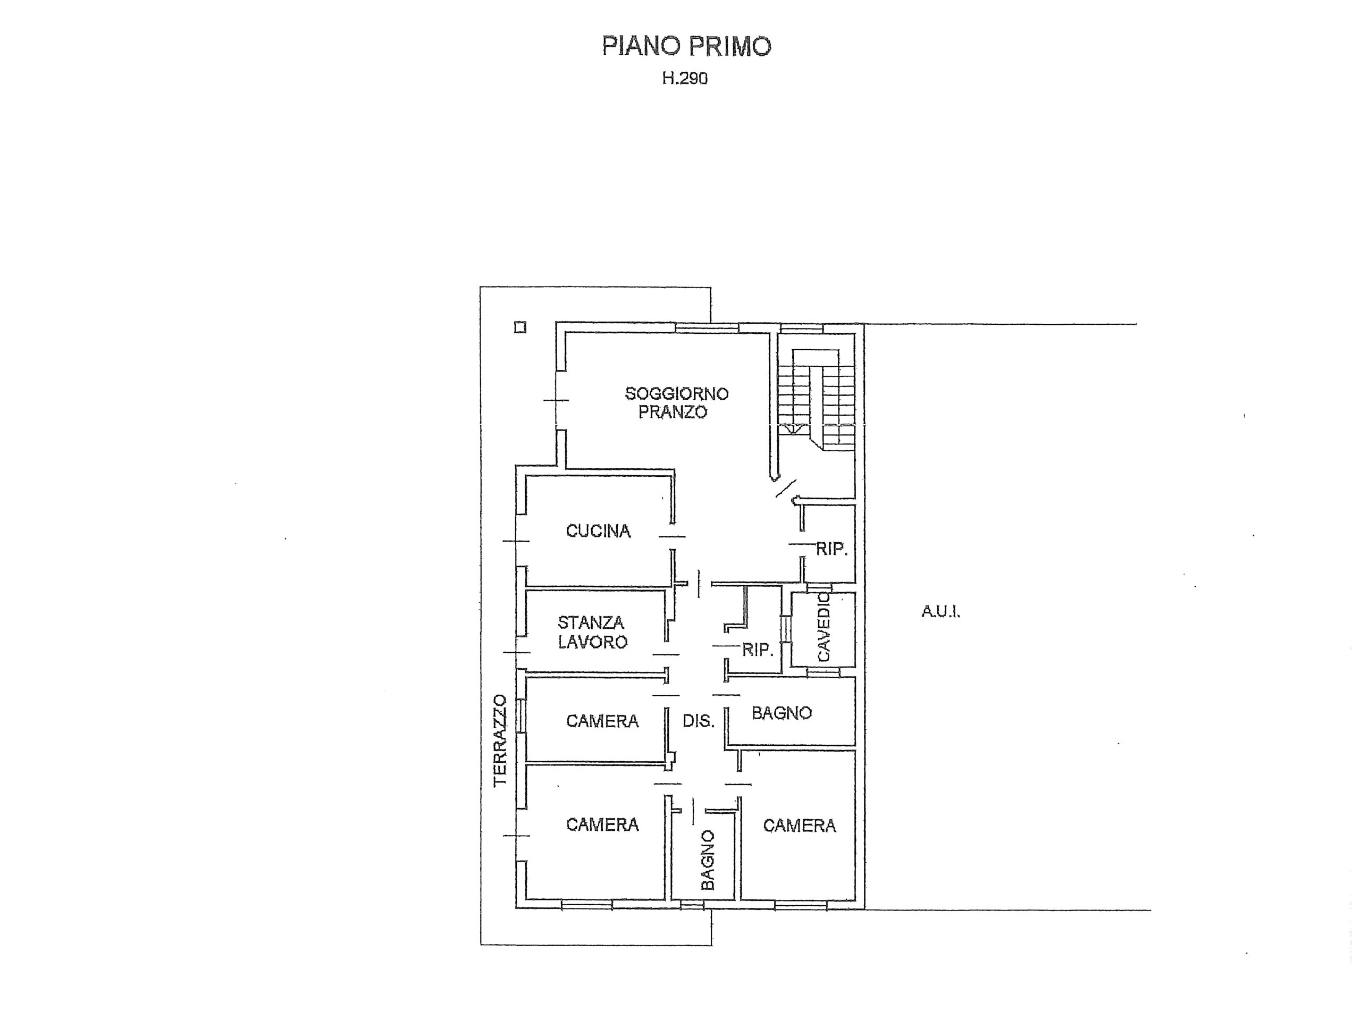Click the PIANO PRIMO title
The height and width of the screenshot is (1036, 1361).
(686, 46)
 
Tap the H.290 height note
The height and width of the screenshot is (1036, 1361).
(685, 78)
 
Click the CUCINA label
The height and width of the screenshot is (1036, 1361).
(598, 531)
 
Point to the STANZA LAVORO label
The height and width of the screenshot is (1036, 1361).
(593, 632)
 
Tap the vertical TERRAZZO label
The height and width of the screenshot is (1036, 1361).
(500, 740)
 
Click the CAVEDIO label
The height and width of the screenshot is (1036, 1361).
(824, 627)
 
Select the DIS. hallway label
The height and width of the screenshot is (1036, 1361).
(698, 721)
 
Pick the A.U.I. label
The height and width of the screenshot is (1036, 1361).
(940, 612)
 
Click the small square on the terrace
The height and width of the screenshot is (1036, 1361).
(520, 327)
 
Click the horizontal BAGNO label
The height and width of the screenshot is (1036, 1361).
(782, 713)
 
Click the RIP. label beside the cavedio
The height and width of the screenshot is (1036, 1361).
(757, 650)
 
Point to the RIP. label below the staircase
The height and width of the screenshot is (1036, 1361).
(831, 549)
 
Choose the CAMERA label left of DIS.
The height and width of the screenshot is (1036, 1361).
(602, 721)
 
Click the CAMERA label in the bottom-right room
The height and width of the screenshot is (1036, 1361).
(799, 826)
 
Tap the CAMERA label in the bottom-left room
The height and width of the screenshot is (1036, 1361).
(602, 824)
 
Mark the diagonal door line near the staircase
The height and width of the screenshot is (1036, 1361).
(786, 488)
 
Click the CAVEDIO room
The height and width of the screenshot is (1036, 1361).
(822, 629)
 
